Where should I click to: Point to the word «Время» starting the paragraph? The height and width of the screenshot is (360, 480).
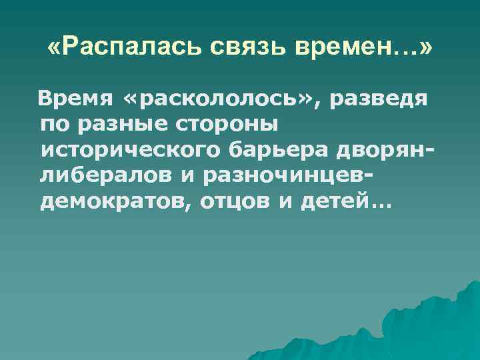pyautogui.click(x=75, y=99)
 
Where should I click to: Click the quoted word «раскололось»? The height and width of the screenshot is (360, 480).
pyautogui.click(x=217, y=99)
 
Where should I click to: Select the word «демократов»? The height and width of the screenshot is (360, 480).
pyautogui.click(x=115, y=201)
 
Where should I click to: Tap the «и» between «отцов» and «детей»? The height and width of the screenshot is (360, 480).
pyautogui.click(x=285, y=201)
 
